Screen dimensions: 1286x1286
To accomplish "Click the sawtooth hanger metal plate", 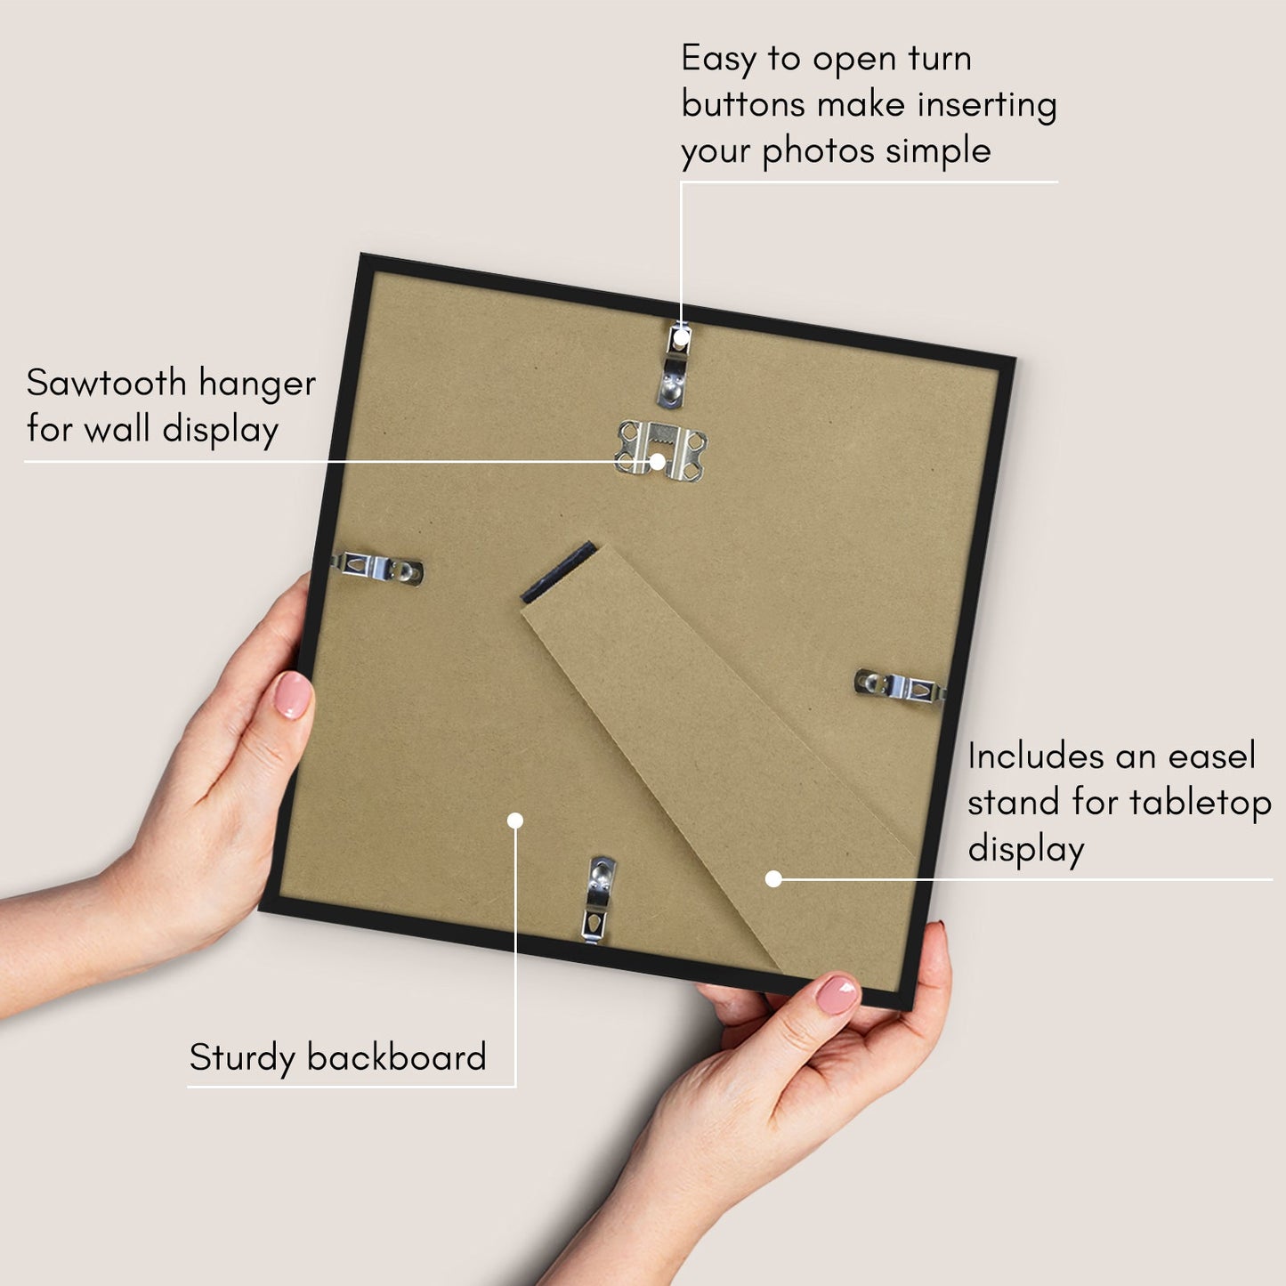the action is (660, 449).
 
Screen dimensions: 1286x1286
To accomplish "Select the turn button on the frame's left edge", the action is (377, 568).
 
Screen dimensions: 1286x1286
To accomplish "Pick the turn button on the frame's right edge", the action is (900, 685).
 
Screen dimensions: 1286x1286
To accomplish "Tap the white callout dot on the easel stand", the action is (773, 879).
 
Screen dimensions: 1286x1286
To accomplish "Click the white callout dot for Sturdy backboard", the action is (515, 821).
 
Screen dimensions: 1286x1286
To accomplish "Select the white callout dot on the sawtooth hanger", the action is (658, 461).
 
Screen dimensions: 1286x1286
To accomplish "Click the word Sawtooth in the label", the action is (106, 383).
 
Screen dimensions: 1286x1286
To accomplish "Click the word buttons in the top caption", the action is (743, 104).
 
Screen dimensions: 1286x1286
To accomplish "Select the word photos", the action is (819, 151).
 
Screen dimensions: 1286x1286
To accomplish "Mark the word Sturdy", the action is (242, 1058).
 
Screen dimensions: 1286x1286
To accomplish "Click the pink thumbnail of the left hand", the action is (292, 695).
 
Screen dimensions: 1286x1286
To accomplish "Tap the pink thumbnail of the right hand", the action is (837, 994).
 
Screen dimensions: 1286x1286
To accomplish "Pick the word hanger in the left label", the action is (257, 384).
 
